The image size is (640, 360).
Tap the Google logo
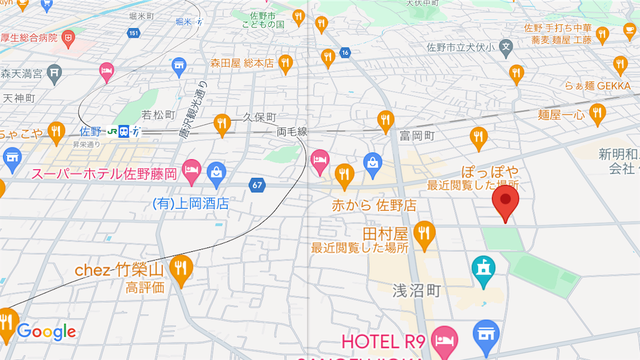(x=46, y=332)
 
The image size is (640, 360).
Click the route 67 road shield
(x=257, y=185)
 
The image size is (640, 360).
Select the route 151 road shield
(x=132, y=32)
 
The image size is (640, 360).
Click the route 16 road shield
(x=344, y=52)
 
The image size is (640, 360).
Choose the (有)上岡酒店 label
(x=191, y=204)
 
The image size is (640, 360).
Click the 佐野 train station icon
(x=124, y=131)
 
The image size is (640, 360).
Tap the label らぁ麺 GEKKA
(x=598, y=86)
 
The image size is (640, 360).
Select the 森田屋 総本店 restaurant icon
(x=285, y=62)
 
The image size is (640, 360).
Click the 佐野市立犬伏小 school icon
(x=507, y=46)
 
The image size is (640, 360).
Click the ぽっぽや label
(x=490, y=172)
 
